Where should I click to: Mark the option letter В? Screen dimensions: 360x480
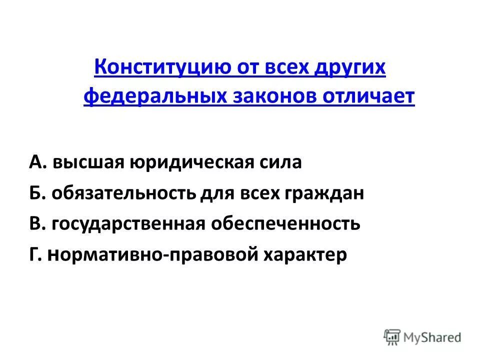[x=37, y=223]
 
